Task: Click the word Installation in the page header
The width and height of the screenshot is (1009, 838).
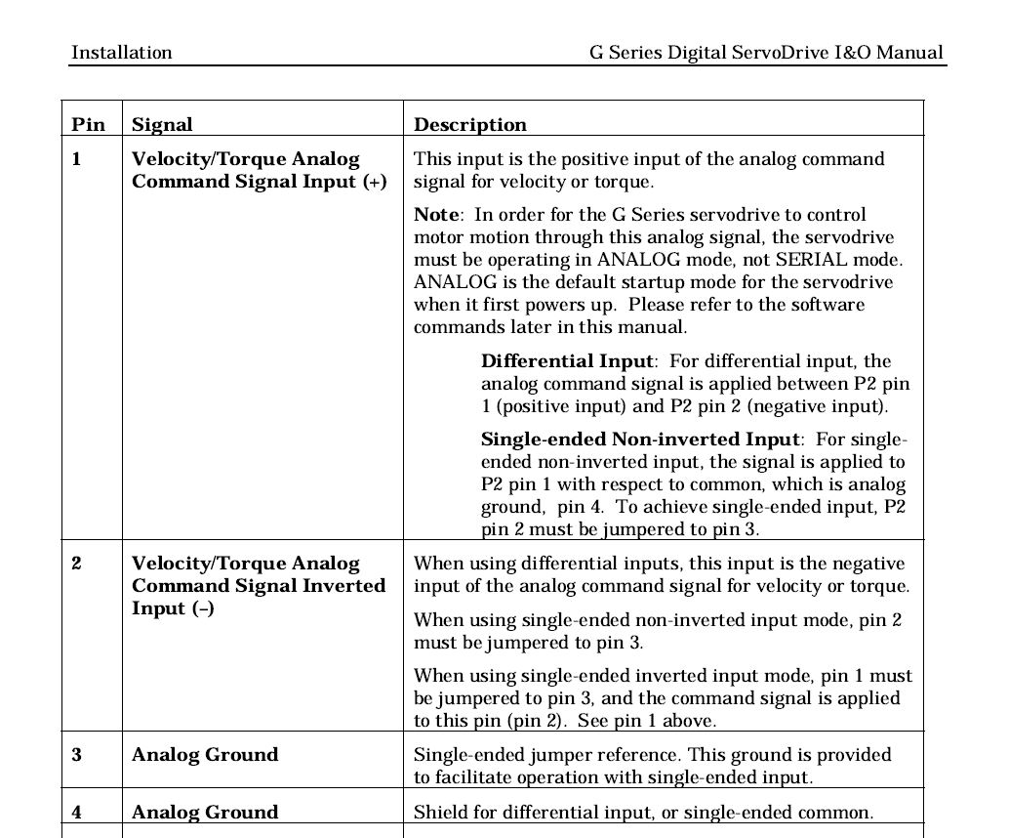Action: (x=121, y=53)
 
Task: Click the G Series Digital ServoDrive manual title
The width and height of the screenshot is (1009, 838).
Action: (x=766, y=53)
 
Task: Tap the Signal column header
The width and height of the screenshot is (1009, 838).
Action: (x=162, y=125)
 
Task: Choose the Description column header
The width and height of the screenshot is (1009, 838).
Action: (x=470, y=125)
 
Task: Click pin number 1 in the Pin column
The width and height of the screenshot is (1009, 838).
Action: (x=77, y=159)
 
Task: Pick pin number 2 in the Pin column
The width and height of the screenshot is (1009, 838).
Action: (x=77, y=564)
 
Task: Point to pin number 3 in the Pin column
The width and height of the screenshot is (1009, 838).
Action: (x=77, y=755)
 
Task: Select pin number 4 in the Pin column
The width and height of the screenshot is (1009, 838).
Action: (x=77, y=813)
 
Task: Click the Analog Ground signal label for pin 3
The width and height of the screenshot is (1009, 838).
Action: (x=205, y=755)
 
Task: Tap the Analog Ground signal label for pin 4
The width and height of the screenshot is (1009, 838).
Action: (x=205, y=813)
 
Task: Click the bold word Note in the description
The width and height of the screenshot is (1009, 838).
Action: (x=435, y=215)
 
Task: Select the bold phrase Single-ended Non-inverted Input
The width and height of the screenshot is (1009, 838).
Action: (x=640, y=440)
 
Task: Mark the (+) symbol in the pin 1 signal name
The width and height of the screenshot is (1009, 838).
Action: (x=375, y=183)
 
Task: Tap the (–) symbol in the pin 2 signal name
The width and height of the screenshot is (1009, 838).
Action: (x=202, y=608)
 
